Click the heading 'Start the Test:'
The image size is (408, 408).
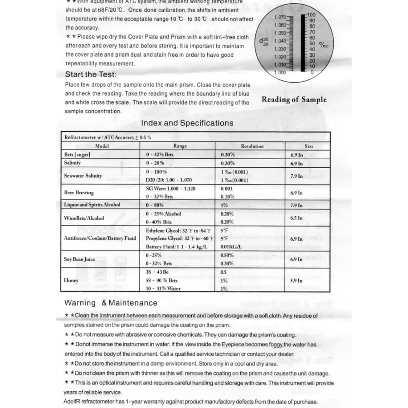pyautogui.click(x=91, y=74)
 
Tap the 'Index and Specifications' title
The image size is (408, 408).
pyautogui.click(x=187, y=123)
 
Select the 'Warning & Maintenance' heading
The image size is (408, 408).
pyautogui.click(x=111, y=303)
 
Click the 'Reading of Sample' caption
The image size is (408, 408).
pyautogui.click(x=294, y=100)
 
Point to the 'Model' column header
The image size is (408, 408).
pyautogui.click(x=102, y=146)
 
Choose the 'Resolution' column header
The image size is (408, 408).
pyautogui.click(x=252, y=146)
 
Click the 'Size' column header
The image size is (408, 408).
pyautogui.click(x=309, y=146)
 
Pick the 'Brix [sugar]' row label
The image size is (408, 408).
pyautogui.click(x=77, y=155)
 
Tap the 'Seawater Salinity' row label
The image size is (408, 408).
pyautogui.click(x=83, y=176)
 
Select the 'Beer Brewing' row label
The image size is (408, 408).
pyautogui.click(x=79, y=193)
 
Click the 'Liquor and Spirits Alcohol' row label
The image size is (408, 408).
pyautogui.click(x=92, y=205)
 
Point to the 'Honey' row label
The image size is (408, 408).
pyautogui.click(x=71, y=281)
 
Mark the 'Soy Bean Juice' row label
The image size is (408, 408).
pyautogui.click(x=79, y=259)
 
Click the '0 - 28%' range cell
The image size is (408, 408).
pyautogui.click(x=155, y=163)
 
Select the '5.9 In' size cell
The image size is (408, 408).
pyautogui.click(x=296, y=281)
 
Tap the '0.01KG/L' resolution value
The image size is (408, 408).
pyautogui.click(x=231, y=247)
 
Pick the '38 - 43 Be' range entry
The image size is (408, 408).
pyautogui.click(x=157, y=272)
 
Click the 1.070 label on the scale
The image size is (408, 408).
pyautogui.click(x=281, y=17)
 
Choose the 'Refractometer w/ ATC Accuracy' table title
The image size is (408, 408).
pyautogui.click(x=107, y=137)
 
